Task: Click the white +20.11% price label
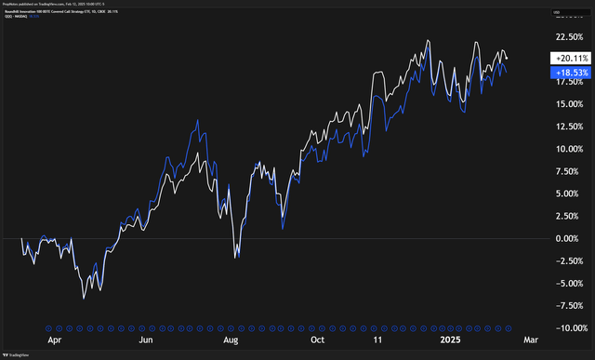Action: pos(563,59)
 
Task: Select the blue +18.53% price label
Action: pos(563,72)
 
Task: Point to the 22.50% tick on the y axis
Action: pos(564,36)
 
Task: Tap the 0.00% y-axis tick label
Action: pos(566,238)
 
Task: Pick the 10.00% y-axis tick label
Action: pos(564,149)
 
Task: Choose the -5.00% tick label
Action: pos(564,284)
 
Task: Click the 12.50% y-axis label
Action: pos(564,127)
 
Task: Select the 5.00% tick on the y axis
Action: pos(566,193)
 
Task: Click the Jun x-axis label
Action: pos(147,341)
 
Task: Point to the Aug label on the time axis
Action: pos(231,341)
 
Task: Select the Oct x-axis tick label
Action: pos(317,341)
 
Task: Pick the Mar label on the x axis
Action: pos(529,341)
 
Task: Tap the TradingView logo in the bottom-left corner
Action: pos(16,352)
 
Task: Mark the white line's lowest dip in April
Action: pos(84,298)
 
